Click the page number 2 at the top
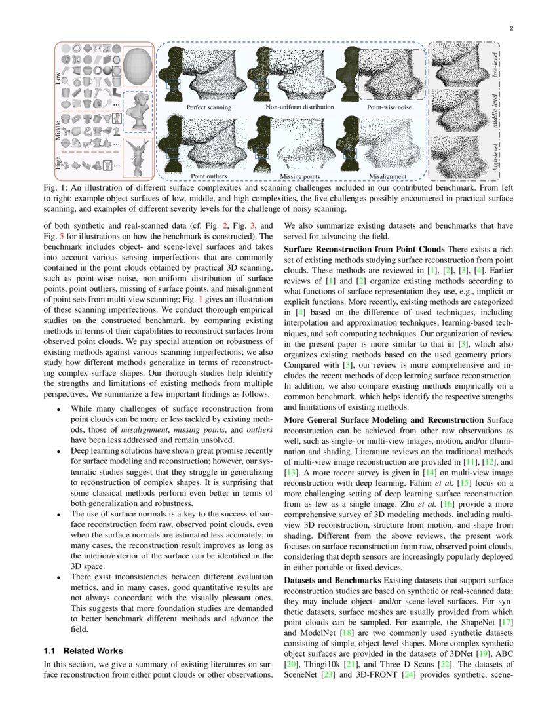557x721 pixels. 510,28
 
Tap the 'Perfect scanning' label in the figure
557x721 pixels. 208,107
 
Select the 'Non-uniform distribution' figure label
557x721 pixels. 299,107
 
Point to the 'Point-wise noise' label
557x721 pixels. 389,107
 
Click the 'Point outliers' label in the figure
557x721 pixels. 208,176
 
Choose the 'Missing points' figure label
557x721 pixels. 299,176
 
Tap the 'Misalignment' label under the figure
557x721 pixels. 388,176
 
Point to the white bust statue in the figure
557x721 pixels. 138,112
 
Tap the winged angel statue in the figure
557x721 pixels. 138,157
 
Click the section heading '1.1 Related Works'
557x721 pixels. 83,651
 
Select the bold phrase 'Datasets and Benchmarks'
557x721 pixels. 332,580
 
